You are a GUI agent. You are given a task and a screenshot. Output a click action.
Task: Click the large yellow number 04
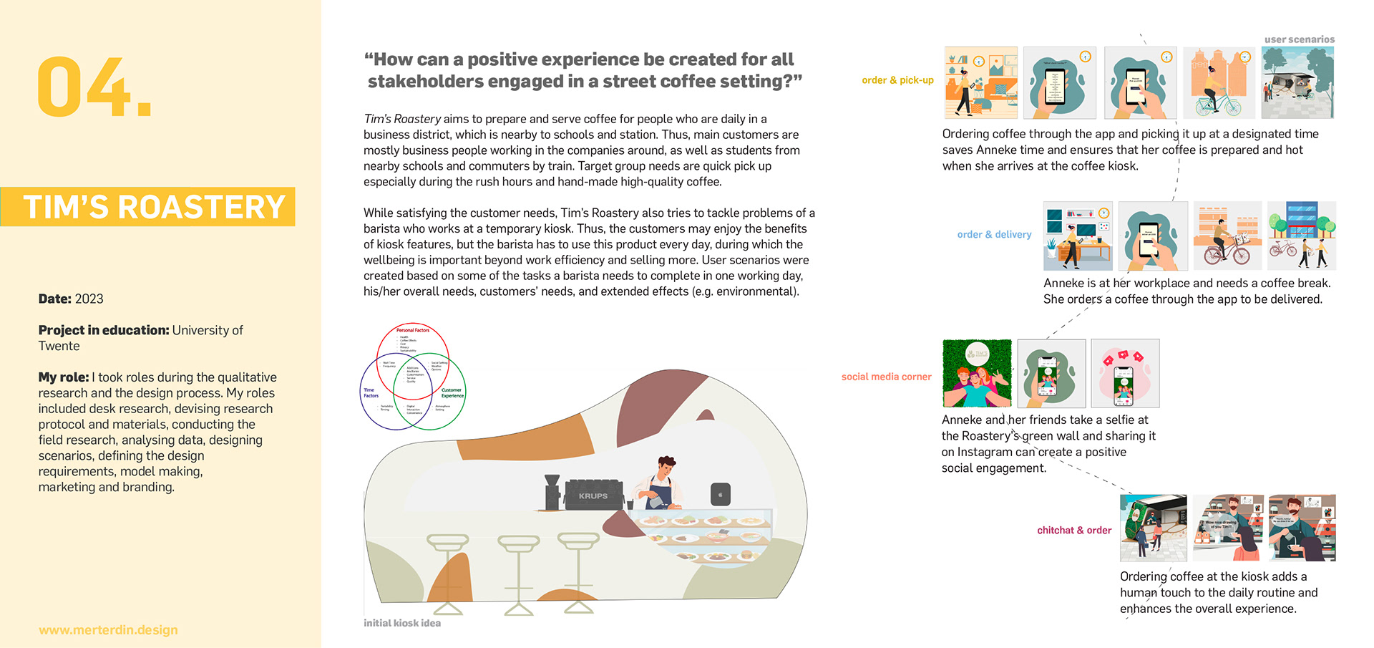pyautogui.click(x=93, y=87)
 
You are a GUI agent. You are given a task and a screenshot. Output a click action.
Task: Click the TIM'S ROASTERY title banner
pyautogui.click(x=154, y=207)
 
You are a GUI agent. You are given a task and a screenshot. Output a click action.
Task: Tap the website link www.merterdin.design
pyautogui.click(x=108, y=630)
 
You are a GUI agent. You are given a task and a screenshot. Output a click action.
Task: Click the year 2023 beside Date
pyautogui.click(x=89, y=299)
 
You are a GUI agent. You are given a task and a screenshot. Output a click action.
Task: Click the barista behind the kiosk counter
pyautogui.click(x=661, y=482)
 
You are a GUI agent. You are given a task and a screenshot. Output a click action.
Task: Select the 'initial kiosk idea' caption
pyautogui.click(x=401, y=623)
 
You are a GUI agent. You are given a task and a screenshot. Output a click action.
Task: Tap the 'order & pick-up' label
pyautogui.click(x=897, y=80)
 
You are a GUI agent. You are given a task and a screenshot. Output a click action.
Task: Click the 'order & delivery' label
pyautogui.click(x=994, y=234)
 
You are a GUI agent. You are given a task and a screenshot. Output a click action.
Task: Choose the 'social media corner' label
pyautogui.click(x=886, y=377)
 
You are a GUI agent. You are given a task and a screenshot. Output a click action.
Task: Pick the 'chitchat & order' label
pyautogui.click(x=1074, y=530)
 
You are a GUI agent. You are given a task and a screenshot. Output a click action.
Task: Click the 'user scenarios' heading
pyautogui.click(x=1299, y=39)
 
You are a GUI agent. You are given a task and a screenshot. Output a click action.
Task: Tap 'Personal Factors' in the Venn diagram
pyautogui.click(x=413, y=330)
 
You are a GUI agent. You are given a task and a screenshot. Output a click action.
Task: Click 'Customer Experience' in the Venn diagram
pyautogui.click(x=452, y=392)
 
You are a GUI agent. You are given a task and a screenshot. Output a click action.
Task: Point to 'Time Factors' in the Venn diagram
pyautogui.click(x=371, y=392)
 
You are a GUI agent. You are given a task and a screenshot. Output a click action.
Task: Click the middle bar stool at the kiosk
pyautogui.click(x=519, y=573)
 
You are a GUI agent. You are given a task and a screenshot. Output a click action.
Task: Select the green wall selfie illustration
pyautogui.click(x=977, y=373)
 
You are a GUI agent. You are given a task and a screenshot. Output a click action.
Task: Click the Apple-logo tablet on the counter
pyautogui.click(x=720, y=494)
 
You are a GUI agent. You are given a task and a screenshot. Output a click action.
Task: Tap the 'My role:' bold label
pyautogui.click(x=64, y=377)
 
